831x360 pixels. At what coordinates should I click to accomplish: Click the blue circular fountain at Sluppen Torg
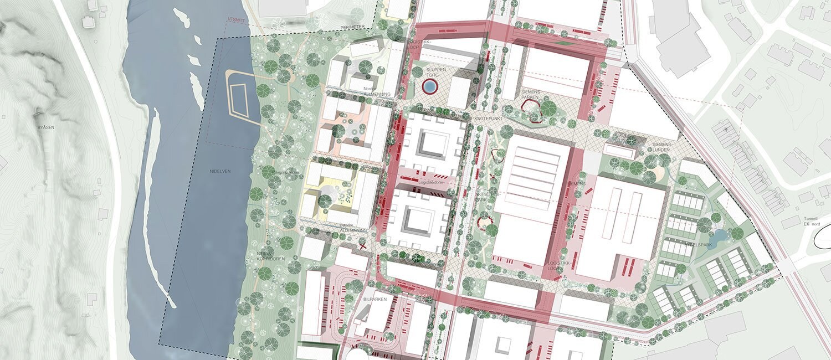pyautogui.click(x=429, y=86)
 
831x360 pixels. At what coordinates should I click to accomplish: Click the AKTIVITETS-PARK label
pyautogui.click(x=489, y=198)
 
